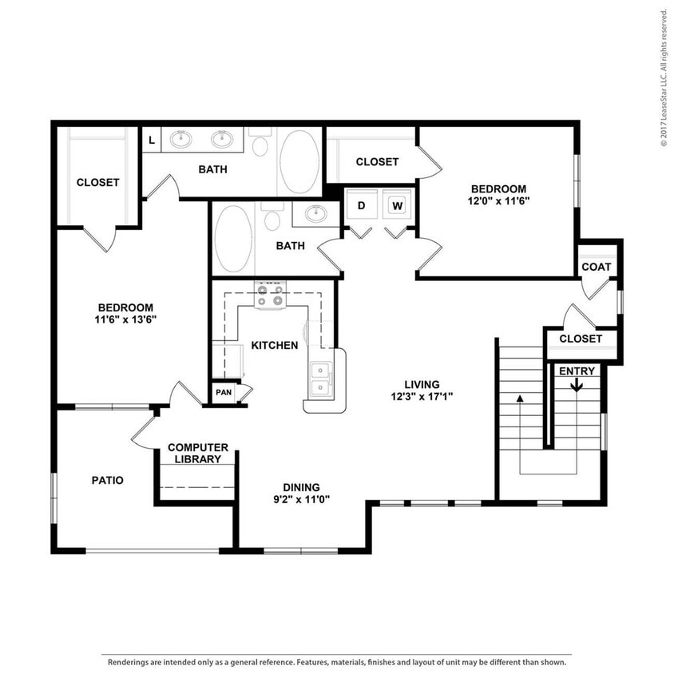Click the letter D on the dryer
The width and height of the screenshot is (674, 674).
point(361,206)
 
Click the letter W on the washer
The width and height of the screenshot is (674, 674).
point(396,206)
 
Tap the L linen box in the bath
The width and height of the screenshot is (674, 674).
point(151,140)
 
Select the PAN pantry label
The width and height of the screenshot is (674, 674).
point(223,393)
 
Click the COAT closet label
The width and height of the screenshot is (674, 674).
point(596,267)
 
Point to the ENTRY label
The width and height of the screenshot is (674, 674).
point(577,371)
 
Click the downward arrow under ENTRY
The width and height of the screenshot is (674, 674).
point(577,385)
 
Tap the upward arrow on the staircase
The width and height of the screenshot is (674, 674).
point(520,397)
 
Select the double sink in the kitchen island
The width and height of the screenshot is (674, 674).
point(322,379)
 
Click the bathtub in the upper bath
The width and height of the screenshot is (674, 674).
point(299,162)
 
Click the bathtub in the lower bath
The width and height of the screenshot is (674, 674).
point(232,238)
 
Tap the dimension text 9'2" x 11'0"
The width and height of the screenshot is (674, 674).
point(301,499)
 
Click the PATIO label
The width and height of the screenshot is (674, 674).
point(106,480)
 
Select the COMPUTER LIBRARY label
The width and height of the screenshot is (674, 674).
point(198,453)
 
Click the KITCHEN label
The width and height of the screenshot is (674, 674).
point(275,346)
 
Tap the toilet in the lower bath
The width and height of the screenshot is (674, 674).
point(272,219)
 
